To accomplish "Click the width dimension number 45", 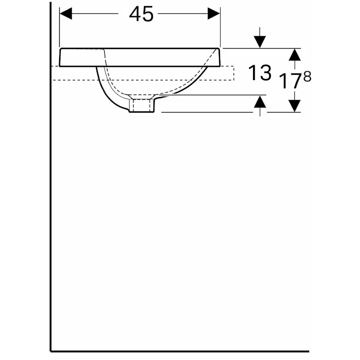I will pos(141,14).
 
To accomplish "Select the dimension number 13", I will pos(260,73).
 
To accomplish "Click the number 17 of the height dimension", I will pos(289,81).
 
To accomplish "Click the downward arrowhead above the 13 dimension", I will pos(260,42).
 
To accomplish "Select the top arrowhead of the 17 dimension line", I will pos(295,54).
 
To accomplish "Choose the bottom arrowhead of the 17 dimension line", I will pos(295,106).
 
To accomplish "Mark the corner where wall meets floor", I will pos(51,350).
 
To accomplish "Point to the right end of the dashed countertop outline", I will pos(233,73).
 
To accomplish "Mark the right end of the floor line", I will pos(308,350).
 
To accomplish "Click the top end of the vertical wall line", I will pos(51,3).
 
